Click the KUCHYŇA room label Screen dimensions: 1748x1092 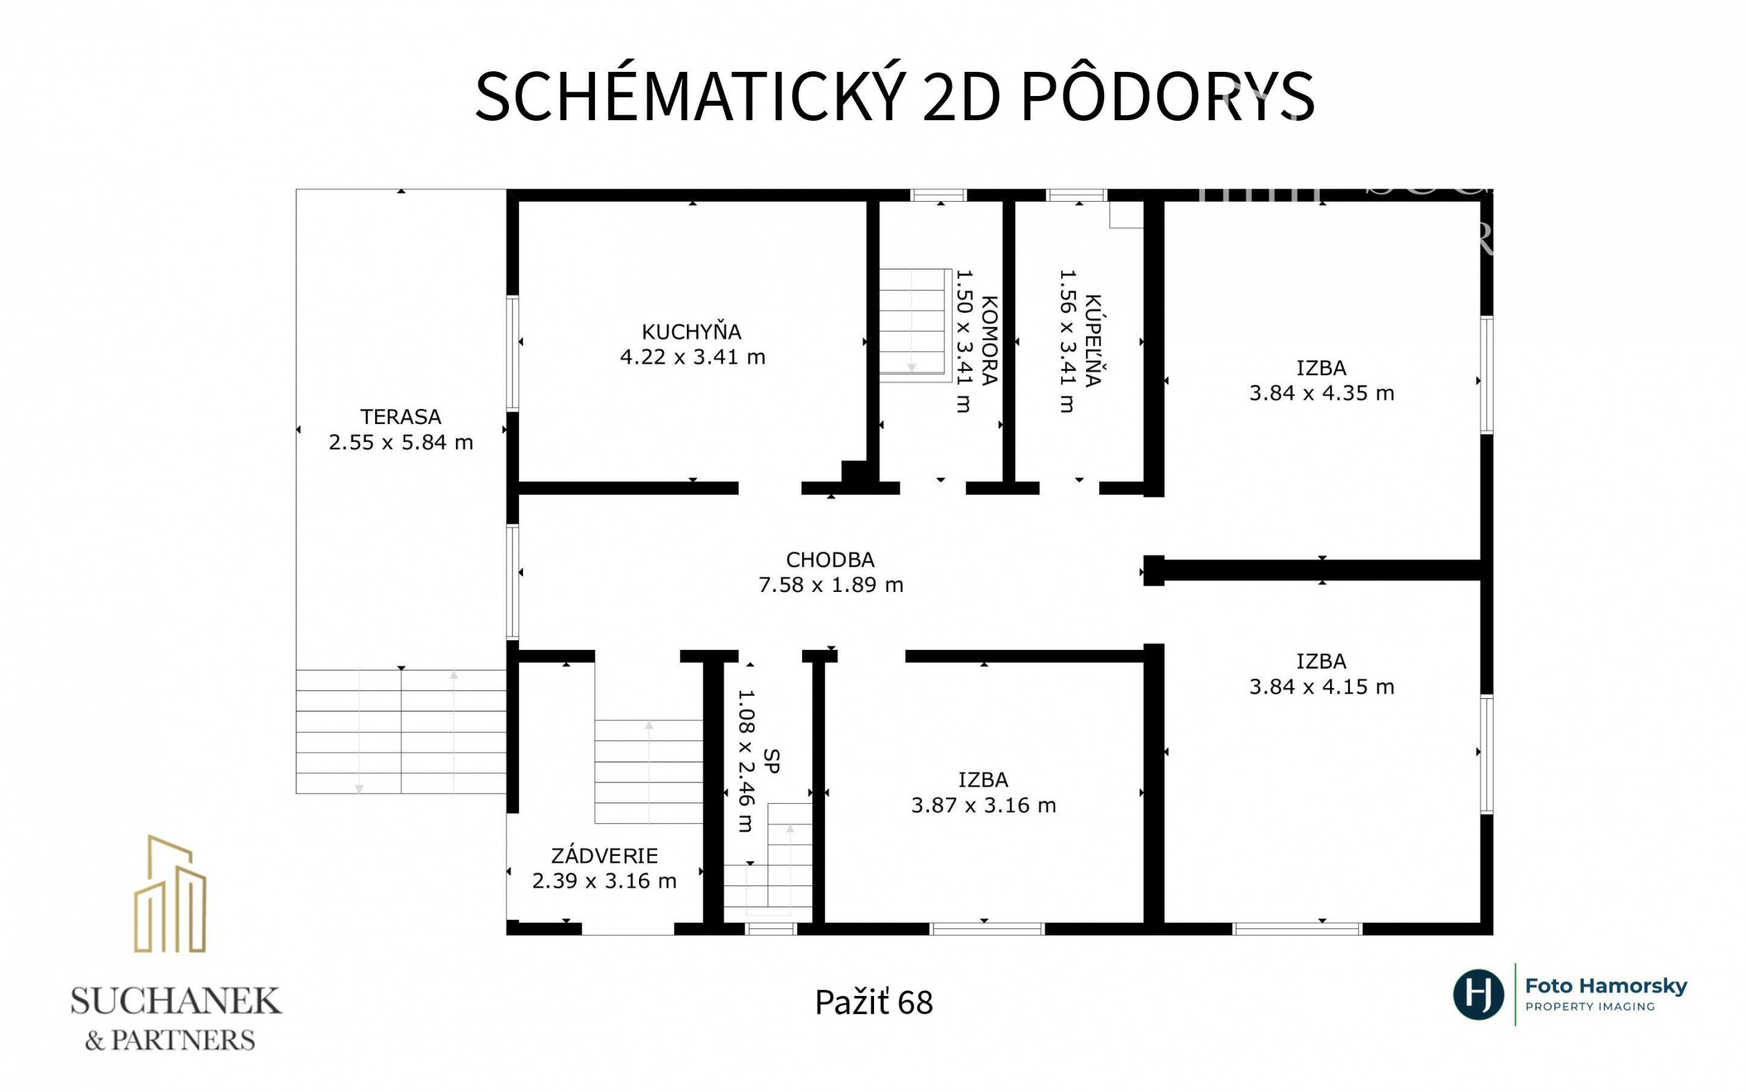[691, 332]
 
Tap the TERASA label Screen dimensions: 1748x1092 [401, 416]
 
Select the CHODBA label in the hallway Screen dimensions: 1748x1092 [830, 559]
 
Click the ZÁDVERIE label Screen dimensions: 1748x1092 [605, 856]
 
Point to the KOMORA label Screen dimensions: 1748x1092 [989, 340]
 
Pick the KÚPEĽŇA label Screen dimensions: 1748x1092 [1092, 340]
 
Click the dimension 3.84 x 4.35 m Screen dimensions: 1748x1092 [1322, 393]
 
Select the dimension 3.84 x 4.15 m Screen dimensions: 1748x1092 [1322, 686]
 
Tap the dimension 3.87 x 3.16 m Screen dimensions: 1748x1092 [984, 805]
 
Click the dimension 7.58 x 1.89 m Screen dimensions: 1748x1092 [830, 584]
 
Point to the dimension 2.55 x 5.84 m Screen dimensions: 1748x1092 [401, 442]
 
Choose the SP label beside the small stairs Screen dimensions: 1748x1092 [772, 761]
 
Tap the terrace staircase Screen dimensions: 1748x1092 [401, 731]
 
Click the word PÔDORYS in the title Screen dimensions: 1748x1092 [1167, 97]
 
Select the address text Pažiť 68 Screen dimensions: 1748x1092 [874, 1002]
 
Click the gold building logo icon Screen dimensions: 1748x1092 [170, 893]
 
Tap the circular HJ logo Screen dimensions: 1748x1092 [1479, 995]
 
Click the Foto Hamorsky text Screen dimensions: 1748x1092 [1606, 986]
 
